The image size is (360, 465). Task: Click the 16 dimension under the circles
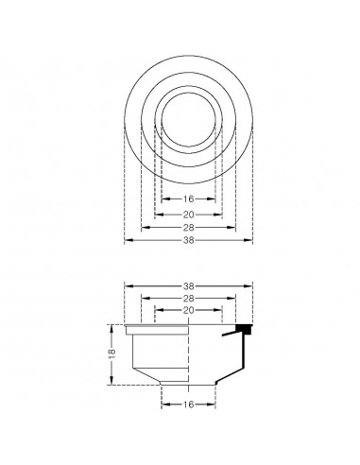[189, 199]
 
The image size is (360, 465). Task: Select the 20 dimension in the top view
[189, 214]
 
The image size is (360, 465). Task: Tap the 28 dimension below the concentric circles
[189, 228]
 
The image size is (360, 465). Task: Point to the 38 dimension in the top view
[189, 242]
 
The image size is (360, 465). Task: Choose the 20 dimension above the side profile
[189, 310]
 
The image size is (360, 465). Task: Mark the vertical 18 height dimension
[111, 353]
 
